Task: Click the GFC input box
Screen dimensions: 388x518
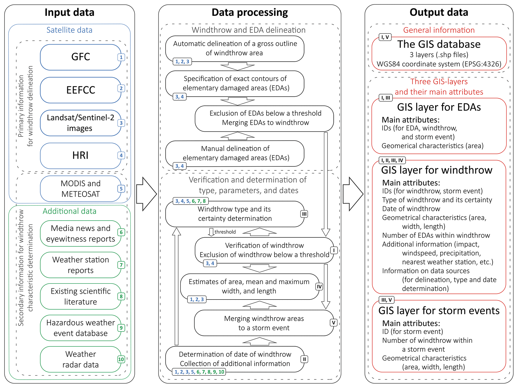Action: tap(80, 57)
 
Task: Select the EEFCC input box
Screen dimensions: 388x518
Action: tap(80, 90)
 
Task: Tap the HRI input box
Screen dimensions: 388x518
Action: tap(80, 155)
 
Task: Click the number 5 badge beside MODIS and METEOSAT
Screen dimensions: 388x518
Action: tap(121, 189)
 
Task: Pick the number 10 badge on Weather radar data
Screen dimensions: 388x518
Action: tap(121, 359)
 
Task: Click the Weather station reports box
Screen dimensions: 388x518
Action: tap(80, 265)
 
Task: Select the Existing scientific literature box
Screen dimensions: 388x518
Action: tap(80, 296)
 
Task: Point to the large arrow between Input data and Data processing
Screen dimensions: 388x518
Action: tap(147, 194)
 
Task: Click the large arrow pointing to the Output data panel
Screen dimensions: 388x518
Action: tap(353, 194)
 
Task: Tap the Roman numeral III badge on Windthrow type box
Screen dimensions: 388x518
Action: tap(304, 214)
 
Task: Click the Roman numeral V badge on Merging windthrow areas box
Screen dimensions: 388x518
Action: tap(334, 323)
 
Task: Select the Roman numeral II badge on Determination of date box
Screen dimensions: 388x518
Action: tap(304, 359)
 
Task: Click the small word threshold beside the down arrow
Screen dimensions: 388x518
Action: tap(225, 232)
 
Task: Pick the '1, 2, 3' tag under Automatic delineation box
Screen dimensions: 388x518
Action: tap(182, 62)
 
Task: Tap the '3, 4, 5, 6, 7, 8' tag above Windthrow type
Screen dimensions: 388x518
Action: tap(190, 201)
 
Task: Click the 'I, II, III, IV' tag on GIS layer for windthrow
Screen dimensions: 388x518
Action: tap(392, 160)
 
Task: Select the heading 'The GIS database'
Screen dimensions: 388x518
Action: tap(439, 44)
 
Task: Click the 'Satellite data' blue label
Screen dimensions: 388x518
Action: tap(69, 30)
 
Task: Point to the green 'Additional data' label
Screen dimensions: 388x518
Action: tap(69, 211)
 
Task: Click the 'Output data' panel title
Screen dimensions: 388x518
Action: tap(439, 12)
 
